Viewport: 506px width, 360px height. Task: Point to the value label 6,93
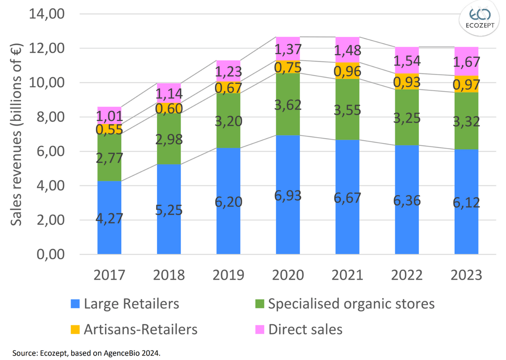[288, 196]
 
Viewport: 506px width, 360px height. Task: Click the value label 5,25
[169, 210]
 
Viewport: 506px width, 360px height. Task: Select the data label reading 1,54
[407, 61]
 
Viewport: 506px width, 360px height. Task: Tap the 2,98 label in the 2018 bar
[169, 139]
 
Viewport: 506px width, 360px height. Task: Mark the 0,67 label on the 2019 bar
[228, 88]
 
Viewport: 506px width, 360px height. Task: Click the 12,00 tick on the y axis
[47, 48]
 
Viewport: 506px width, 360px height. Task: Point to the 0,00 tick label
[50, 254]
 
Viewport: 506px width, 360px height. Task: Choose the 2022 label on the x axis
[407, 275]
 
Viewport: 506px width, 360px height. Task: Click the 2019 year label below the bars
[228, 275]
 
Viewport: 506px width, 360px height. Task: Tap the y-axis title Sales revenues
[16, 135]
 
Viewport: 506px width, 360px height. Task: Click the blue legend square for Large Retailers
[75, 304]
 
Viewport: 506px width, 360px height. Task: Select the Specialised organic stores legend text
[351, 304]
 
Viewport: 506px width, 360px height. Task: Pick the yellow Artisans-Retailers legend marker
[75, 330]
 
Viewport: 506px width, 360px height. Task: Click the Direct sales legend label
[305, 330]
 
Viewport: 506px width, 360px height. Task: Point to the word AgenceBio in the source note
[121, 353]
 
